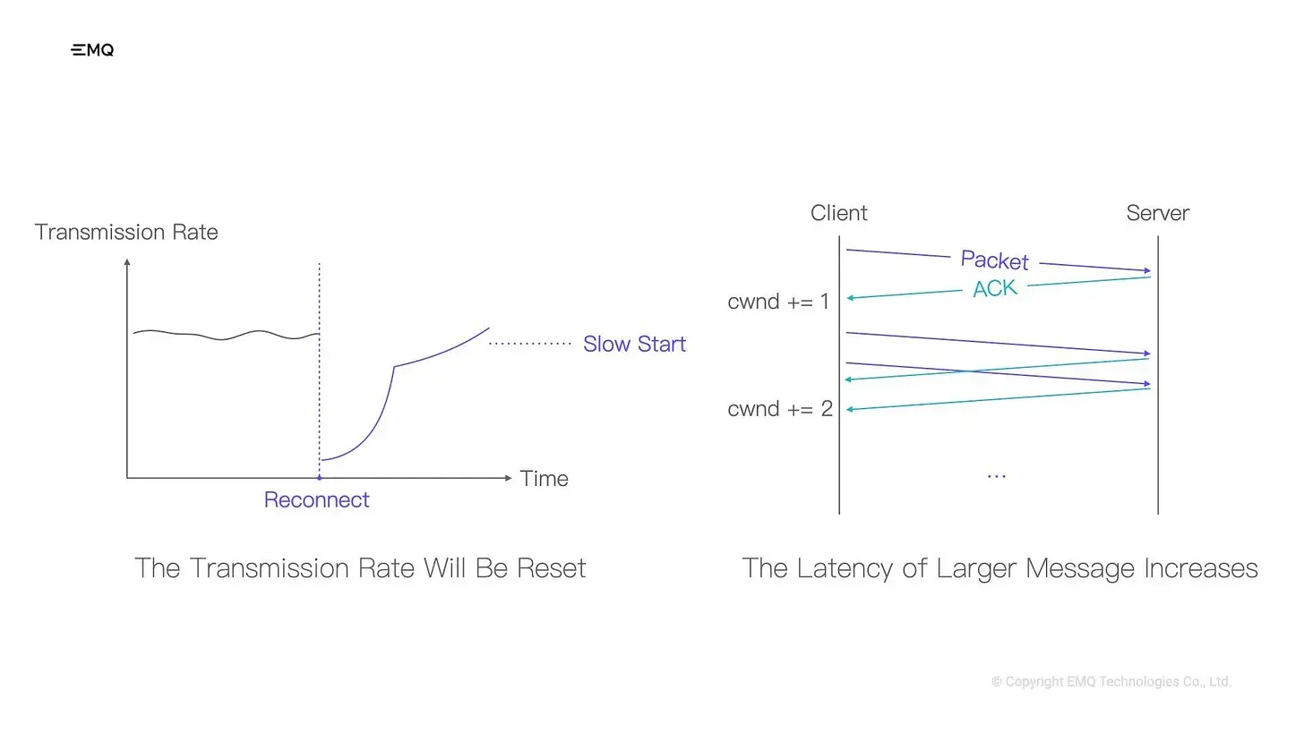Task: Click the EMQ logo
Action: point(92,50)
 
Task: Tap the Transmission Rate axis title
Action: point(126,232)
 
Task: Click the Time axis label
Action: point(544,479)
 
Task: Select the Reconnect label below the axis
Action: point(316,499)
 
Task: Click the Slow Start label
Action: point(634,344)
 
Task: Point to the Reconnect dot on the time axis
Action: point(319,478)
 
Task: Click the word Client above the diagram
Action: point(839,213)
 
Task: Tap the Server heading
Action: point(1158,213)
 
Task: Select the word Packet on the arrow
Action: point(994,260)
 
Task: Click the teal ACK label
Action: point(995,288)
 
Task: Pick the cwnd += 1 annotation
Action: point(778,302)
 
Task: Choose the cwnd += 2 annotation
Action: point(780,409)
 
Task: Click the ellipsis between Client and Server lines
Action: point(997,476)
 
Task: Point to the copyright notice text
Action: point(1111,681)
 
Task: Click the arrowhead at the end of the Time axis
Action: point(508,478)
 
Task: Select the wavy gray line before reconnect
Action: point(226,335)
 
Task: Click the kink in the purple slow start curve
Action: point(394,367)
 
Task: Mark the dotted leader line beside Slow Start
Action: point(530,344)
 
